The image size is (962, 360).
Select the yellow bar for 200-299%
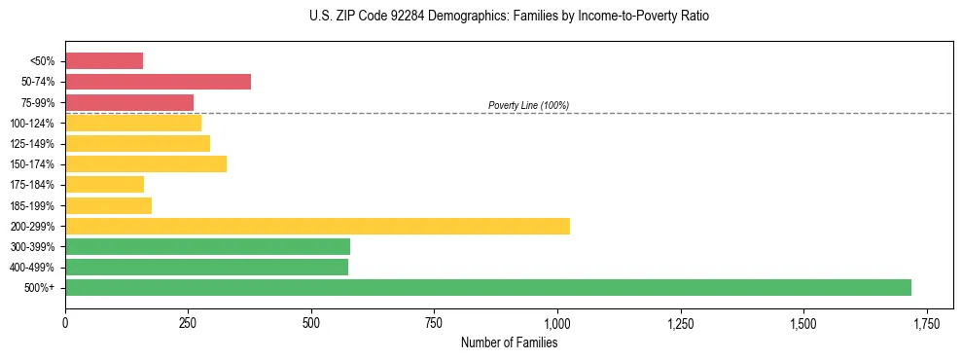click(x=317, y=226)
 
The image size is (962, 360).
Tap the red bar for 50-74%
click(x=158, y=82)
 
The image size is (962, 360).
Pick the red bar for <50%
click(x=104, y=61)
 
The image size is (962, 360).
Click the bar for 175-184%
click(x=104, y=184)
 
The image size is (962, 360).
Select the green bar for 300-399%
click(x=207, y=246)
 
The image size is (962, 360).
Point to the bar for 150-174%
click(x=146, y=163)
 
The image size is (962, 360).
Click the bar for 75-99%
click(x=129, y=102)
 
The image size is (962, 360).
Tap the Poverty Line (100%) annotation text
click(x=528, y=105)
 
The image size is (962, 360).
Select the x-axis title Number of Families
click(x=509, y=342)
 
